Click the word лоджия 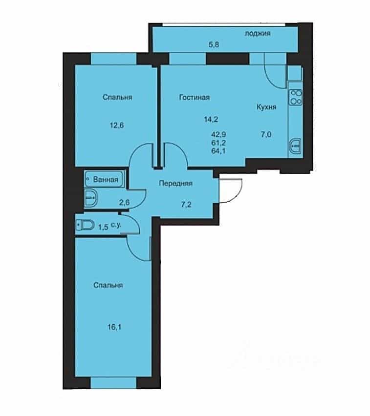coord(258,33)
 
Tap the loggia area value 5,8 coord(214,44)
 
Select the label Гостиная coord(195,97)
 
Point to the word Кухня coord(266,107)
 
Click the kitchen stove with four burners coord(296,97)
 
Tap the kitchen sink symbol coord(296,146)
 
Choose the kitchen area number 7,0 coord(266,134)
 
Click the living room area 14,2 coord(211,120)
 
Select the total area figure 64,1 coord(218,151)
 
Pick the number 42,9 coord(218,134)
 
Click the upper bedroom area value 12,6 coord(117,125)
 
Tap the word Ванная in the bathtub coord(106,180)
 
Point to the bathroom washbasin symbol coord(91,198)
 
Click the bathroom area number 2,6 coord(124,203)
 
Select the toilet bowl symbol coord(85,225)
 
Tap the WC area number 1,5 coord(103,227)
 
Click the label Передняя coord(175,183)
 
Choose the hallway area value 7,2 coord(186,205)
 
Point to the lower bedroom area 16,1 coord(114,327)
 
